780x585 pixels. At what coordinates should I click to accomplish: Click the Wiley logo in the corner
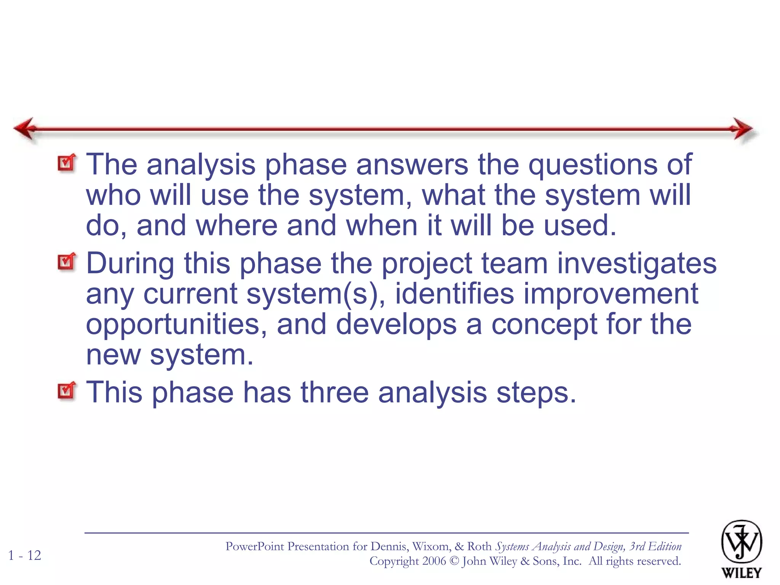click(741, 548)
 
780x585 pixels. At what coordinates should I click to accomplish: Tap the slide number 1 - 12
click(25, 555)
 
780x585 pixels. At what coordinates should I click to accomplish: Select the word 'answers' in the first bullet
click(412, 165)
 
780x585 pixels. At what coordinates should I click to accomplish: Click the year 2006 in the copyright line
click(434, 561)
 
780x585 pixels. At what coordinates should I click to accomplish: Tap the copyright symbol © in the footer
click(454, 561)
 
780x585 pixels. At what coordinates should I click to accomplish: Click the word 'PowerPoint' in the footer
click(255, 547)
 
